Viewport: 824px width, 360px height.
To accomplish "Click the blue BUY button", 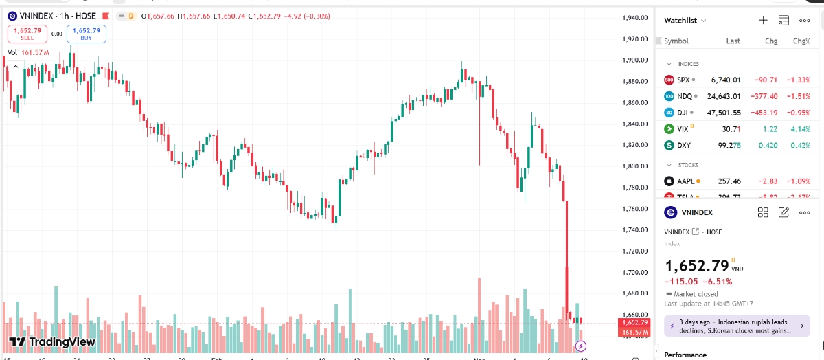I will pos(87,33).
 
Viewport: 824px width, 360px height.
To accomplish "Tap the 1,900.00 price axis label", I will pos(634,60).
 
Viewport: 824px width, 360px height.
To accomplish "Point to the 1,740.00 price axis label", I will pos(634,230).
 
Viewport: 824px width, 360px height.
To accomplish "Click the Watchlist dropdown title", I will pos(685,21).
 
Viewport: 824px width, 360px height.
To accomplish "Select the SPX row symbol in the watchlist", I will pos(683,80).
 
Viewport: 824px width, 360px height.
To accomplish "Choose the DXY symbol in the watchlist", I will pos(683,146).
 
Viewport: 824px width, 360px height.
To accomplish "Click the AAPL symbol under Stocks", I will pos(686,181).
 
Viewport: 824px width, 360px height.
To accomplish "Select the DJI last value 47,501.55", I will pos(721,113).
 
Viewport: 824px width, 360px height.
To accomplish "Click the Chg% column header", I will pos(801,41).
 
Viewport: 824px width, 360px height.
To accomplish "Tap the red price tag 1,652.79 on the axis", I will pos(634,322).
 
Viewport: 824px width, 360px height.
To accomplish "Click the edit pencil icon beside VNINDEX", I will pos(783,213).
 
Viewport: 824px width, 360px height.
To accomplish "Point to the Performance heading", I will pos(685,355).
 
